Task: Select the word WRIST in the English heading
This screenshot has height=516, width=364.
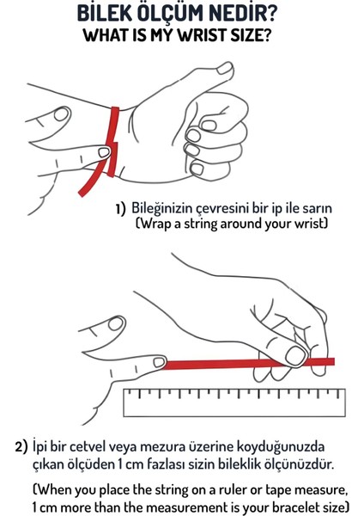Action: coord(202,36)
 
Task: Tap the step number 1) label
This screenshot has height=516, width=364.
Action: coord(121,209)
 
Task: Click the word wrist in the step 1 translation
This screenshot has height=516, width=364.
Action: coord(308,224)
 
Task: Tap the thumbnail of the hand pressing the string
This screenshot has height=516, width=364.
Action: coord(297,354)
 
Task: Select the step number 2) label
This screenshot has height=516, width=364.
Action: coord(22,447)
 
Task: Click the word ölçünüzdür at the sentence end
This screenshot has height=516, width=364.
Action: coord(318,465)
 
